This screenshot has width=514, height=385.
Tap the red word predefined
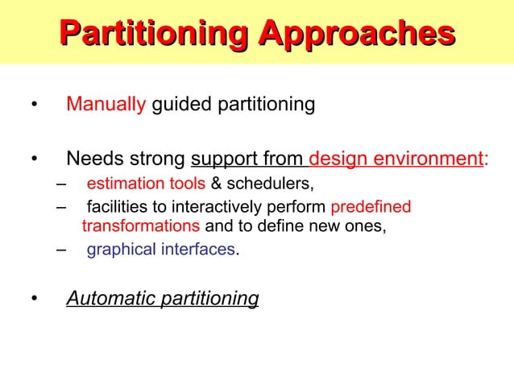(371, 207)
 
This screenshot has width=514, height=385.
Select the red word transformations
(141, 226)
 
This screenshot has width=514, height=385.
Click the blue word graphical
(120, 250)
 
